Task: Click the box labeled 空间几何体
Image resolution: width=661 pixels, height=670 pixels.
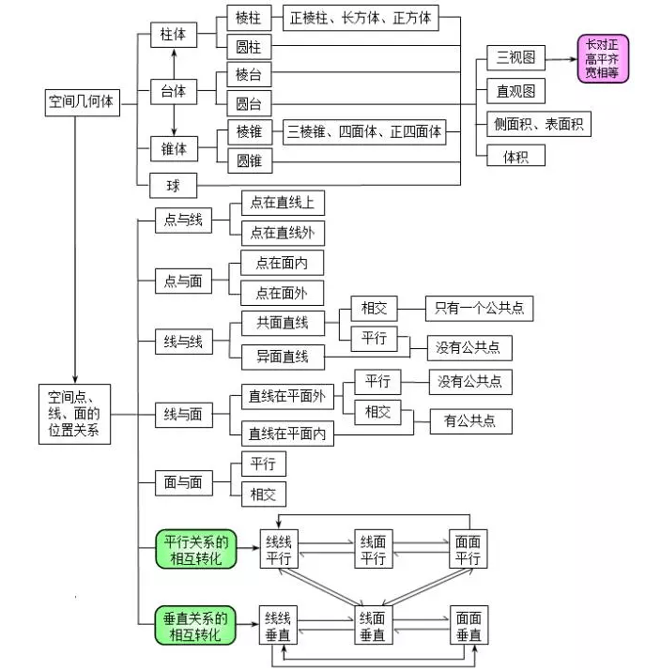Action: (x=82, y=102)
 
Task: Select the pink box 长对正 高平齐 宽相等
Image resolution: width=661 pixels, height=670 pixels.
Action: (x=603, y=58)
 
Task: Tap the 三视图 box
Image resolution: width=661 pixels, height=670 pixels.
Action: (x=515, y=57)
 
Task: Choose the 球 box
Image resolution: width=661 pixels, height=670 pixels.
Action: (x=173, y=186)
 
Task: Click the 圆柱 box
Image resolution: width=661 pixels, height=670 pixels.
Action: (x=249, y=47)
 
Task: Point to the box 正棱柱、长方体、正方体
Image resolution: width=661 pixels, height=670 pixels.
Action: (x=361, y=18)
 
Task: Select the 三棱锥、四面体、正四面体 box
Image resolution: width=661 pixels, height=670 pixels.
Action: (x=364, y=132)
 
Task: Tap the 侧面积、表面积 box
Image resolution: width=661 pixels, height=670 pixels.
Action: (x=539, y=125)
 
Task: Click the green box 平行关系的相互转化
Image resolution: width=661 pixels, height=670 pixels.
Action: (x=196, y=550)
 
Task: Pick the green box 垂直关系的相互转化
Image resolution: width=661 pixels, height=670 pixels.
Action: (x=195, y=625)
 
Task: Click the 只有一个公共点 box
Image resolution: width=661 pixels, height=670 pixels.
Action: (x=479, y=309)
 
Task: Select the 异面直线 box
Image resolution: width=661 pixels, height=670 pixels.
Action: (x=283, y=357)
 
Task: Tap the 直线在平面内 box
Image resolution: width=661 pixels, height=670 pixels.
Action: (x=287, y=434)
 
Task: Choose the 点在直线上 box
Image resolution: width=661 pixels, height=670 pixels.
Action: (x=283, y=203)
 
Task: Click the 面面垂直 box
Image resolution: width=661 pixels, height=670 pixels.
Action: (x=469, y=625)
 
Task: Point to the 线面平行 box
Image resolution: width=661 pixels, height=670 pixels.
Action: (x=374, y=549)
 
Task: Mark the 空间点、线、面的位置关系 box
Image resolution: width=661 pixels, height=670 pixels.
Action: (x=74, y=414)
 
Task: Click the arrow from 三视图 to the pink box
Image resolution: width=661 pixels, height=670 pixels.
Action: (x=561, y=59)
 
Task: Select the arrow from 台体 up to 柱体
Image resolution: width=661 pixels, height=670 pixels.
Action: (x=174, y=64)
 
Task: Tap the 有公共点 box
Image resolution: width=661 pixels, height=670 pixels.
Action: (x=470, y=421)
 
